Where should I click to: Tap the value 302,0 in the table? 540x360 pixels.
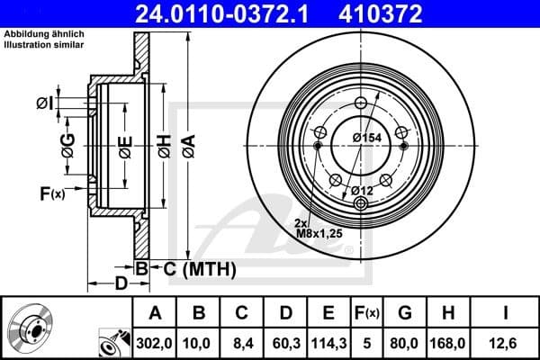[x=154, y=342]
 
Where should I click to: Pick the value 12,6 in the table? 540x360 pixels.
[x=506, y=342]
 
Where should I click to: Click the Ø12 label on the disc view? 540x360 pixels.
[x=362, y=189]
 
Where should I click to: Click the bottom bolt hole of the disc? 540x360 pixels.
[x=361, y=203]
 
